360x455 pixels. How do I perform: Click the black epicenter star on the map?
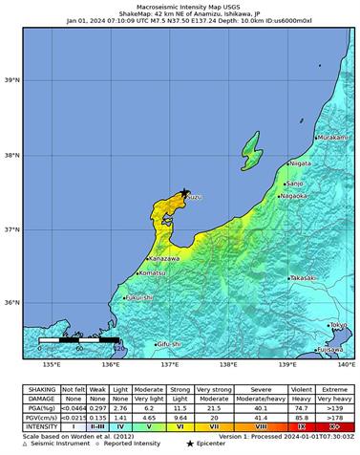[x=184, y=192]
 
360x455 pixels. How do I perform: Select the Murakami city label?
[x=331, y=138]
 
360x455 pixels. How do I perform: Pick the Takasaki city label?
[x=303, y=277]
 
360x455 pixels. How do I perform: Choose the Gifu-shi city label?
[x=169, y=343]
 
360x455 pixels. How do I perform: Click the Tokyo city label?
[x=337, y=325]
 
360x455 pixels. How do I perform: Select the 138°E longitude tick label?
[x=227, y=364]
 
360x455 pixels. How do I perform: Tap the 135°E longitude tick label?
[x=51, y=364]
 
